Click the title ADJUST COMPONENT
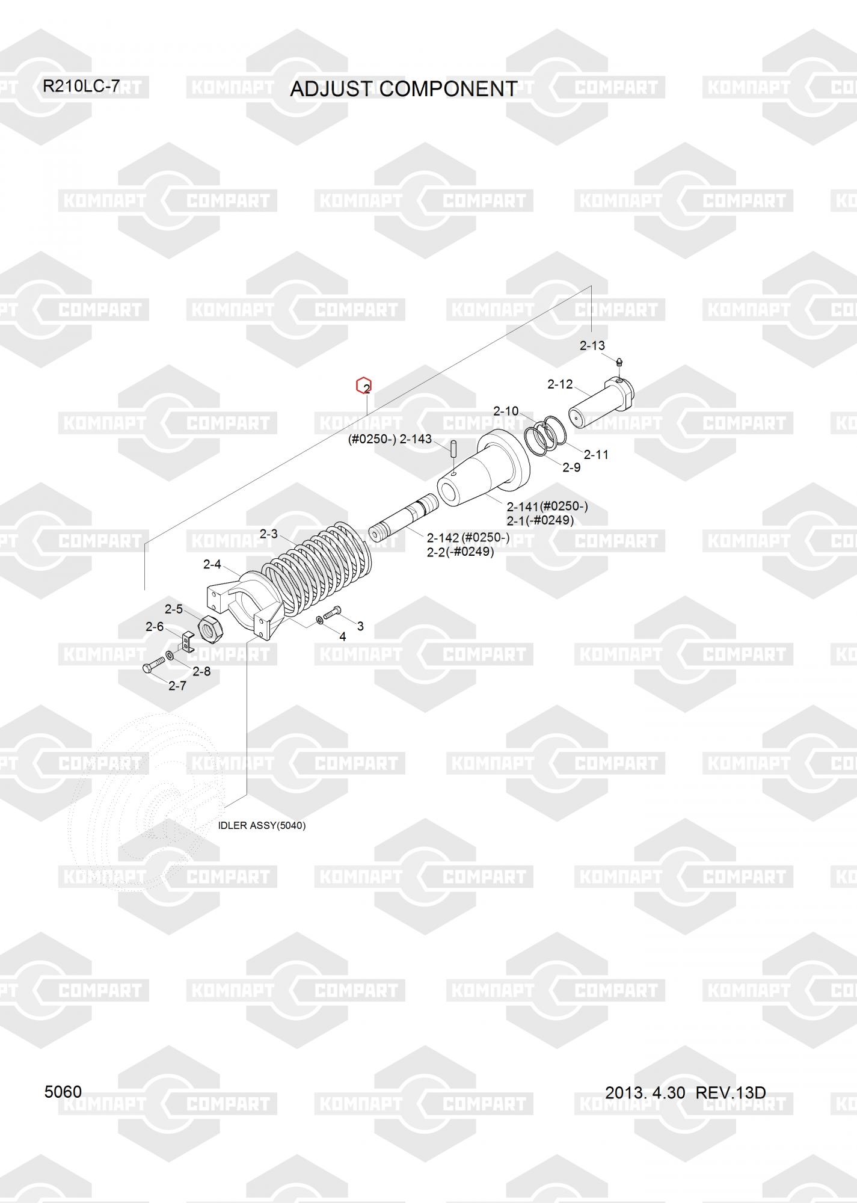pos(403,89)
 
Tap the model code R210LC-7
pos(81,87)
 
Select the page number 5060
pos(63,1091)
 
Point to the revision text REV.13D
pos(731,1092)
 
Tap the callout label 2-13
pos(592,346)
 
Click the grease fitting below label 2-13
pos(620,363)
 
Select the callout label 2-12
pos(560,384)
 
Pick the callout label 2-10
pos(506,411)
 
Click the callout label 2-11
pos(596,455)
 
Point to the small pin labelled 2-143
pos(454,449)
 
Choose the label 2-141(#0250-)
pos(547,506)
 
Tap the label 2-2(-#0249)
pos(460,552)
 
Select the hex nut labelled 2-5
pos(211,629)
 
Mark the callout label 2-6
pos(155,627)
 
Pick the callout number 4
pos(343,636)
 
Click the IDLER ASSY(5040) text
pos(262,826)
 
